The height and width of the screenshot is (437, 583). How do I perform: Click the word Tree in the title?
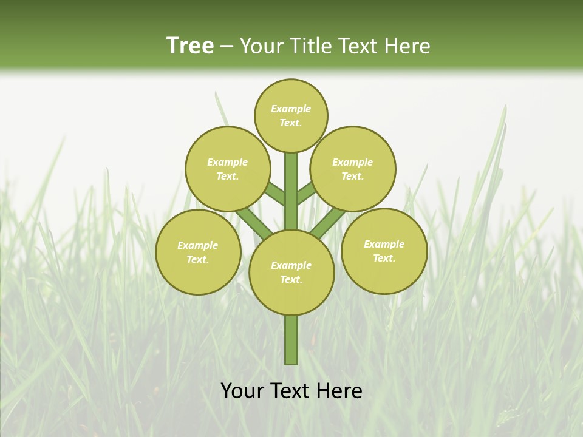pos(190,46)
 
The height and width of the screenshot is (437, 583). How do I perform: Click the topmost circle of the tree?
pos(291,115)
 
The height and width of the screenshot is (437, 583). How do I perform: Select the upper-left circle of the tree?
pos(227,169)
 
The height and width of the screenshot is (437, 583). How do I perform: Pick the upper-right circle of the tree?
pos(353,169)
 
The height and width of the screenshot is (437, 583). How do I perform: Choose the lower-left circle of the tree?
pos(198,252)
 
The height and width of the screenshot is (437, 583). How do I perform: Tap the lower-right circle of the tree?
pos(384,251)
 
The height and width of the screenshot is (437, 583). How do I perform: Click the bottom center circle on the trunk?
pos(291,272)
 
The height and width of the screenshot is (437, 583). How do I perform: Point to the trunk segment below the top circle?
pos(291,182)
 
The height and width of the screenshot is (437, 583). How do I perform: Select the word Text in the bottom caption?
pos(293,390)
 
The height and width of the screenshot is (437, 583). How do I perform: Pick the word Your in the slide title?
pos(260,46)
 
